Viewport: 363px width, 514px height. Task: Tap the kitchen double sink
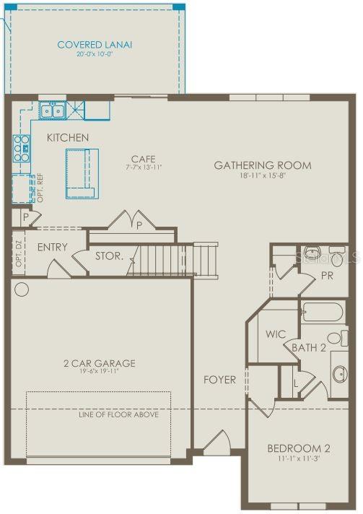coord(51,110)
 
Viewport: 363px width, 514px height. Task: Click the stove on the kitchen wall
coord(21,147)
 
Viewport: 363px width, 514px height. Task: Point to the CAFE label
coord(143,159)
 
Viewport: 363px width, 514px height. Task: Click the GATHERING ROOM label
coord(263,165)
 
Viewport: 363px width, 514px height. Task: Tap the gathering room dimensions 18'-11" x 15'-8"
coord(263,176)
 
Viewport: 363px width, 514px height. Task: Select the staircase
coord(173,260)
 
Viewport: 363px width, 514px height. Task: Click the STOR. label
coord(109,256)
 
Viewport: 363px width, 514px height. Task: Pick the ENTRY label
coord(52,247)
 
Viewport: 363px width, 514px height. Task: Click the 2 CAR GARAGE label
coord(100,363)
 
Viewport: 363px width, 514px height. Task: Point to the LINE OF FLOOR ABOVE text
coord(117,415)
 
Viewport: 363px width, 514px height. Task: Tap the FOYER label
coord(219,380)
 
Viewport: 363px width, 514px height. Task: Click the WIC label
coord(276,335)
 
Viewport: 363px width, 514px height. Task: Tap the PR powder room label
coord(327,276)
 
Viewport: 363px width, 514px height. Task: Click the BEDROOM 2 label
coord(298,447)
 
